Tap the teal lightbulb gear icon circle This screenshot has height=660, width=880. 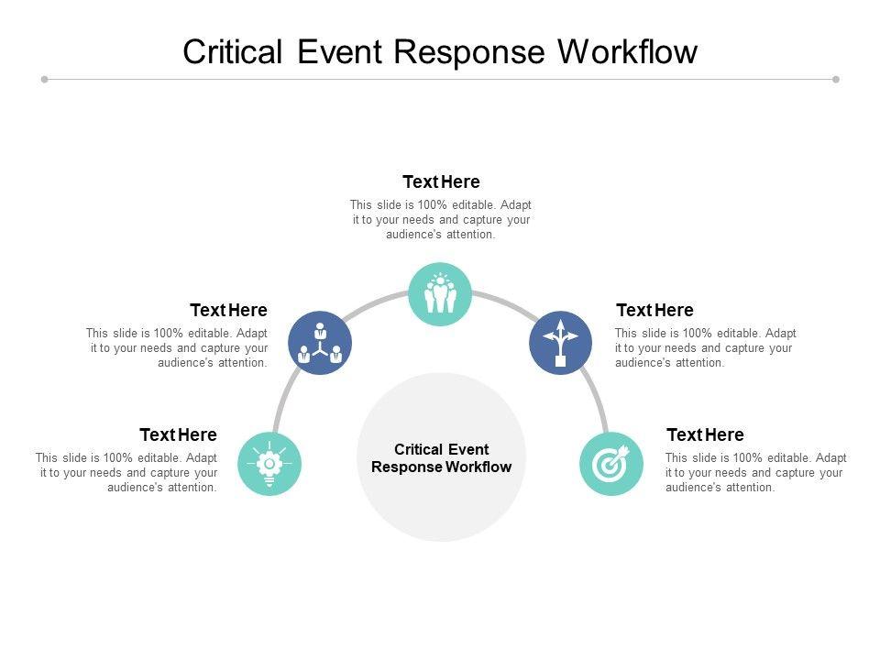[x=269, y=464]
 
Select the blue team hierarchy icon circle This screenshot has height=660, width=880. [x=320, y=343]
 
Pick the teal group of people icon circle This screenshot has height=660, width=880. [x=440, y=294]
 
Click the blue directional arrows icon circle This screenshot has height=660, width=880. [x=560, y=343]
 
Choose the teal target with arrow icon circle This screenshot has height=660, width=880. [x=610, y=464]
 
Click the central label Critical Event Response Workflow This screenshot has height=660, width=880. [x=441, y=457]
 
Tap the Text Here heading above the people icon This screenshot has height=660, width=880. [x=441, y=181]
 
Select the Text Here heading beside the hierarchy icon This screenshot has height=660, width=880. [x=228, y=310]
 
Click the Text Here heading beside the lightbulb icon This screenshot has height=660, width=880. [x=178, y=434]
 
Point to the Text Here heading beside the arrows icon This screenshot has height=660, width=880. [x=654, y=310]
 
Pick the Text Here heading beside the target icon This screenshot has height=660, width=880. [x=705, y=434]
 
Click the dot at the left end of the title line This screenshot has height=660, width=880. [x=44, y=80]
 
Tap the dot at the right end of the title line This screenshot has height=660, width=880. [x=836, y=80]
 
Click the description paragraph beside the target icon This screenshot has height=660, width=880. [x=755, y=472]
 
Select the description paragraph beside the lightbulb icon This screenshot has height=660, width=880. [x=126, y=472]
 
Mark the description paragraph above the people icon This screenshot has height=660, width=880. [x=441, y=219]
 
